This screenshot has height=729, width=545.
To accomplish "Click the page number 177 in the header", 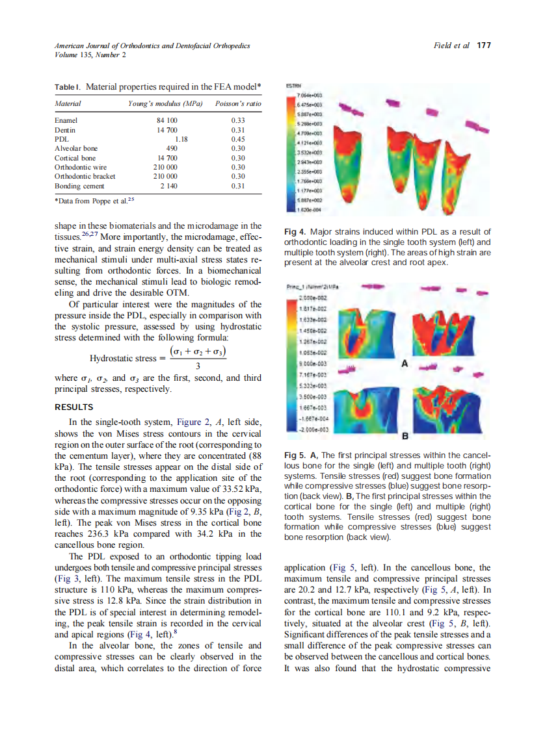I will coord(483,45).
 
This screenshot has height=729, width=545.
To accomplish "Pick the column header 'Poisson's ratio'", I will coord(237,103).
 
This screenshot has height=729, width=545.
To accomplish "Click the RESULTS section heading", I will coord(73,407).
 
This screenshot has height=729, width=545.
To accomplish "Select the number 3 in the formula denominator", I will coord(197,366).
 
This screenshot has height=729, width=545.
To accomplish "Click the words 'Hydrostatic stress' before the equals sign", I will coord(122,358).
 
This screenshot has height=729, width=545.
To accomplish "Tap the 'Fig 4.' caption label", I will coord(295,232).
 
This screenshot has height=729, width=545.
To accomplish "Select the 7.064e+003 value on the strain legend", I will coord(306,96).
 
